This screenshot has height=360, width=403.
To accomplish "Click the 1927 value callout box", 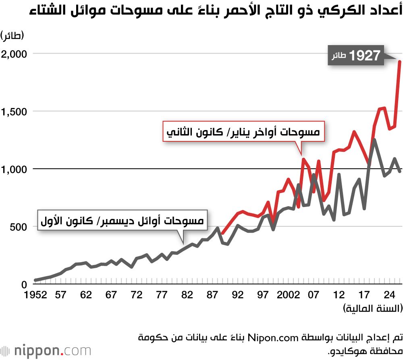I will [x=355, y=56].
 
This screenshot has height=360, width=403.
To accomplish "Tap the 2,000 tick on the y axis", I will [x=14, y=54].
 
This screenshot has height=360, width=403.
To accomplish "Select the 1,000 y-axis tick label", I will [x=14, y=169].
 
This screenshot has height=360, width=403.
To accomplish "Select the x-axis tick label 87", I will [x=212, y=296].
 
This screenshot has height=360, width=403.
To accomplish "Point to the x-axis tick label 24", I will [x=389, y=296].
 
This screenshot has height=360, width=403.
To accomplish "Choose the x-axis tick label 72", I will [x=137, y=296].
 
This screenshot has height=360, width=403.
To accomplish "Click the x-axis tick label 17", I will [x=364, y=296].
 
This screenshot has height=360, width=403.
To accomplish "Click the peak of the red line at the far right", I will [x=399, y=61].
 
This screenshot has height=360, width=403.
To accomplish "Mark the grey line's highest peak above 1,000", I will [x=374, y=140].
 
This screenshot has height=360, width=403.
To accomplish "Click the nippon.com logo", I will [x=46, y=349].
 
